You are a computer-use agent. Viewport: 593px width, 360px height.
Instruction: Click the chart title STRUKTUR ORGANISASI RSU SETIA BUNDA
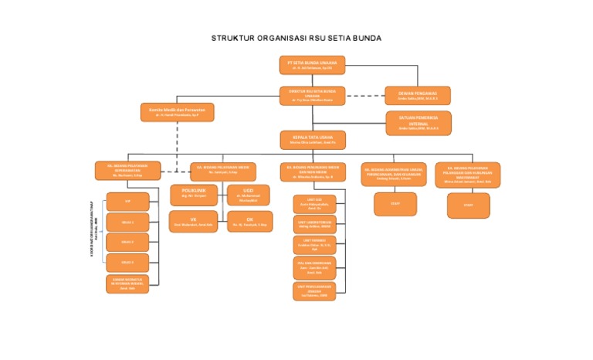pyautogui.click(x=296, y=38)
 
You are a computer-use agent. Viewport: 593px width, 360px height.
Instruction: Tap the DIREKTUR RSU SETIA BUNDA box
pyautogui.click(x=312, y=95)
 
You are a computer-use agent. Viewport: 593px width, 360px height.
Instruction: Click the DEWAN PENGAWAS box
pyautogui.click(x=418, y=95)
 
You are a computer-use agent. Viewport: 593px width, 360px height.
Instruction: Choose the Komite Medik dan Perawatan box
pyautogui.click(x=177, y=112)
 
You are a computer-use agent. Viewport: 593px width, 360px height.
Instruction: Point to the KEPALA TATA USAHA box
pyautogui.click(x=312, y=140)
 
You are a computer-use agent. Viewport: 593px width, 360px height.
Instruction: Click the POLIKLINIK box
pyautogui.click(x=194, y=195)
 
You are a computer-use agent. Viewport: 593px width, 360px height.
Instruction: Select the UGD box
pyautogui.click(x=248, y=195)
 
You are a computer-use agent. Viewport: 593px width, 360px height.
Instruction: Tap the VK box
pyautogui.click(x=194, y=222)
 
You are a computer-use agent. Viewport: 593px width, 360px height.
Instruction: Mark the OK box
pyautogui.click(x=249, y=222)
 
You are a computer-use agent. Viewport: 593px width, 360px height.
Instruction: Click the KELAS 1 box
pyautogui.click(x=127, y=222)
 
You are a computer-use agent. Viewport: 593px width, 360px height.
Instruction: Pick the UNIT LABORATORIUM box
pyautogui.click(x=313, y=224)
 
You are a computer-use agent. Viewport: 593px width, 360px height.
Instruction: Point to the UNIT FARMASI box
pyautogui.click(x=313, y=245)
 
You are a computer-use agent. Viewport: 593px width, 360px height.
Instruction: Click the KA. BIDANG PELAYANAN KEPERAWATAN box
pyautogui.click(x=127, y=170)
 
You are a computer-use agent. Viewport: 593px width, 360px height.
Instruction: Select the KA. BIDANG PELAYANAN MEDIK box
pyautogui.click(x=223, y=170)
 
